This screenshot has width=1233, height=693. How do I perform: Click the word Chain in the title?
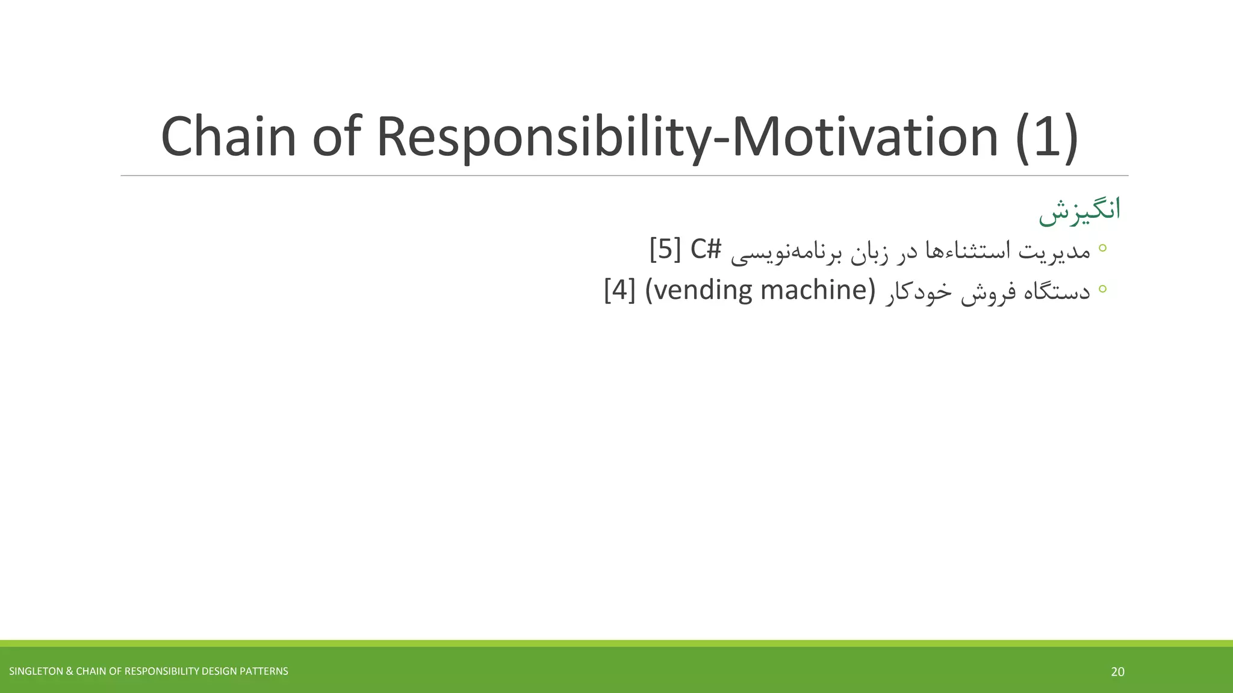228,137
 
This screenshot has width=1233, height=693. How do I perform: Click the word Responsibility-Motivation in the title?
687,137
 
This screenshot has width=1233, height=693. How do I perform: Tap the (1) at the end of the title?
1046,137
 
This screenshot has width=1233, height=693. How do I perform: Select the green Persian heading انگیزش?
1079,211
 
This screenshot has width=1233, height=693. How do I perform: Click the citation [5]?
665,249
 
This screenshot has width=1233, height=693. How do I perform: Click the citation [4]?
620,291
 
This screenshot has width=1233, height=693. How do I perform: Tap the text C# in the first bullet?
705,249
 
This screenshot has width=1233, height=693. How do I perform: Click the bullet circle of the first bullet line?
1102,247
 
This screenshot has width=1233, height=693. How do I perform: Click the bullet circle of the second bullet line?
1102,289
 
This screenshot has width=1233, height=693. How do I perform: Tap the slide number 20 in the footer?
1117,672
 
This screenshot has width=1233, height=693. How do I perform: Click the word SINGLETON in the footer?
35,671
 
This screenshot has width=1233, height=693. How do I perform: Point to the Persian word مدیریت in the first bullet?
1054,250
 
